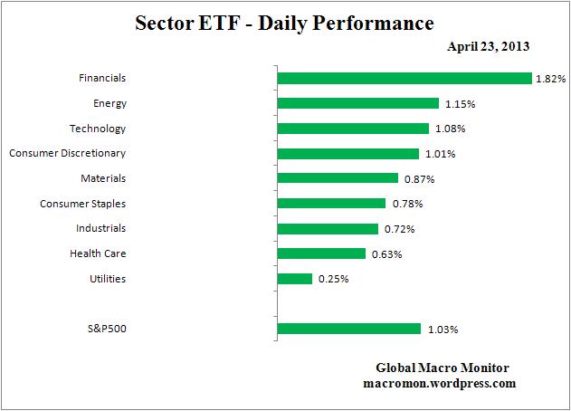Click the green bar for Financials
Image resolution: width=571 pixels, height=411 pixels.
pos(404,79)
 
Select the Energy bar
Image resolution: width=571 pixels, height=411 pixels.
pos(357,103)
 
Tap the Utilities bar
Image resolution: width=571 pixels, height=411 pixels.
pos(294,279)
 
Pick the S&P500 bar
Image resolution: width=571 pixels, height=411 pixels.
pos(348,329)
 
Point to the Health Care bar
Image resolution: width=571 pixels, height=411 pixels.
pos(321,253)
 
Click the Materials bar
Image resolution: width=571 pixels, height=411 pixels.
pos(338,178)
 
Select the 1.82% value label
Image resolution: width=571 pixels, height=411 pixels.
pos(550,80)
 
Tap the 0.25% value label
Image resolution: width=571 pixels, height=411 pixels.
pos(332,280)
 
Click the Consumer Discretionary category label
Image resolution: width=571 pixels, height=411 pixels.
pos(68,153)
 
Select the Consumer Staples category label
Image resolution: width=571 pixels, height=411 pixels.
pos(82,204)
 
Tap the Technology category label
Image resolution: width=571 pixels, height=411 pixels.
pos(98,129)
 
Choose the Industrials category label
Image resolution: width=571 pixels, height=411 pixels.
pos(100,228)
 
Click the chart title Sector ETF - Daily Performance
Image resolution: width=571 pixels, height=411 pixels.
pos(284,21)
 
